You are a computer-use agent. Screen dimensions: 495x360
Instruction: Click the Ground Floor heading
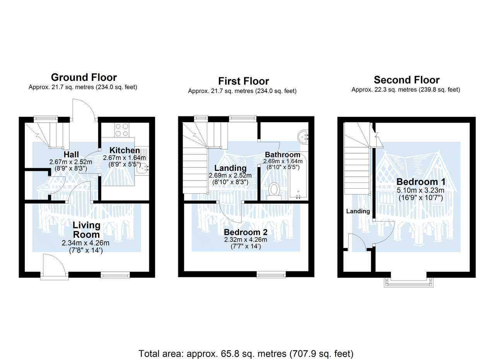[x=84, y=78]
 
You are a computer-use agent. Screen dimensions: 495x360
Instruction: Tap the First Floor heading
[x=244, y=81]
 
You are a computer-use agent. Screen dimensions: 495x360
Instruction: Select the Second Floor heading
[x=406, y=80]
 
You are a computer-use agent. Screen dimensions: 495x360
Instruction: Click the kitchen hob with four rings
[x=122, y=130]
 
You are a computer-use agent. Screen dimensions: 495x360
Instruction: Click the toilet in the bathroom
[x=274, y=191]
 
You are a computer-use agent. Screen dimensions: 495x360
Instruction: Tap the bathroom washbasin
[x=303, y=137]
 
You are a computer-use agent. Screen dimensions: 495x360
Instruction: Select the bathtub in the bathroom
[x=298, y=174]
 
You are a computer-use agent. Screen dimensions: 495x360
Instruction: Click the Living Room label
[x=86, y=230]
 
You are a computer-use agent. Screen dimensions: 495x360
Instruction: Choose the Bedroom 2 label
[x=246, y=232]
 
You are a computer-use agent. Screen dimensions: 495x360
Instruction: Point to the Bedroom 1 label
[x=421, y=182]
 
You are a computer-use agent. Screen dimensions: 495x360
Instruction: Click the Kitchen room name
[x=125, y=150]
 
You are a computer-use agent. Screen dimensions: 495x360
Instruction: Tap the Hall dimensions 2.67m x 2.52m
[x=71, y=162]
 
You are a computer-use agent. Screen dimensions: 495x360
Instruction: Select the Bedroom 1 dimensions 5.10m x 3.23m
[x=420, y=190]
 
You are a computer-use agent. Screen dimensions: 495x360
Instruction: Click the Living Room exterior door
[x=55, y=267]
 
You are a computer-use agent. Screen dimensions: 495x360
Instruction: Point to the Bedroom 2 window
[x=271, y=275]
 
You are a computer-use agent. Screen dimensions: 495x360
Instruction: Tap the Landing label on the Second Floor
[x=358, y=211]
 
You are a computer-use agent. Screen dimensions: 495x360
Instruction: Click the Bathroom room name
[x=283, y=154]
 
